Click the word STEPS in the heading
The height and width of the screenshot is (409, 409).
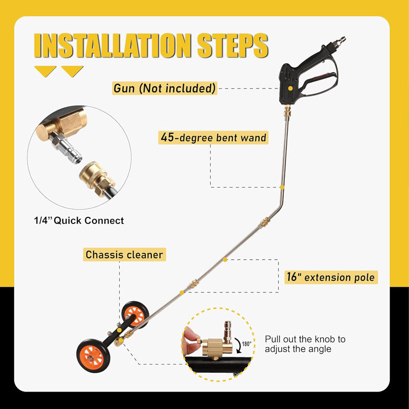tap(232, 46)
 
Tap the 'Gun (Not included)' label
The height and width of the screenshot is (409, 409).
tap(164, 88)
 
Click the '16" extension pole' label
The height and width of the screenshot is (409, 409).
tap(331, 278)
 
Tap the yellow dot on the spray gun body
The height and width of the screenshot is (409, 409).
tap(290, 88)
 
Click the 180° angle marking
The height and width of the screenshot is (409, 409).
tap(246, 344)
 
